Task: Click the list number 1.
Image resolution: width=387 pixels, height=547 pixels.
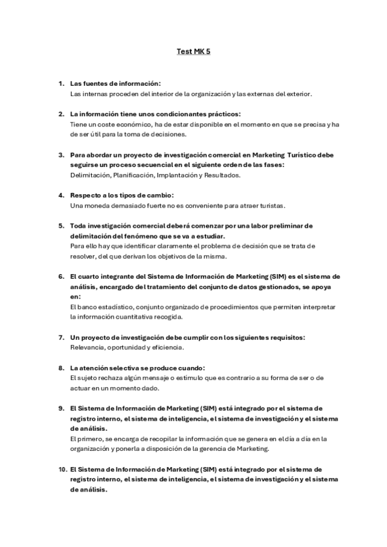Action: click(x=61, y=84)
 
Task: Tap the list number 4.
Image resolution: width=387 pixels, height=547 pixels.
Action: click(x=61, y=195)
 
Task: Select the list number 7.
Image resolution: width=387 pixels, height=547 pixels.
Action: click(x=61, y=337)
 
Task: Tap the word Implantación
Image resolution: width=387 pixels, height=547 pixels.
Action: click(x=180, y=175)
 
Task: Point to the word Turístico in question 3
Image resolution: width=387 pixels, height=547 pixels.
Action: click(x=294, y=155)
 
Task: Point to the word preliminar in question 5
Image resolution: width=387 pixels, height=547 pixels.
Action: click(x=288, y=226)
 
